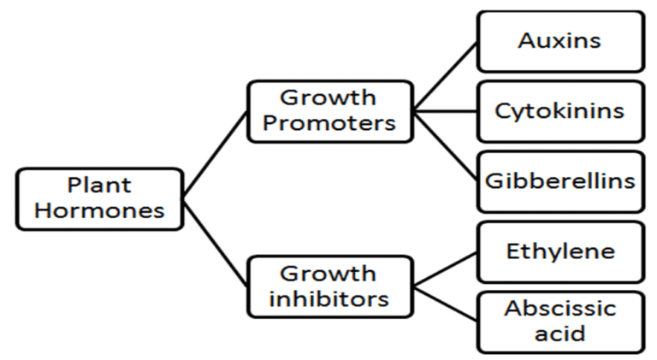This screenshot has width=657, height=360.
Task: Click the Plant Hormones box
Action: [99, 198]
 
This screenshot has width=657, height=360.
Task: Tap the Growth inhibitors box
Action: [329, 286]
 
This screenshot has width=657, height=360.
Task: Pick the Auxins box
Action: [560, 40]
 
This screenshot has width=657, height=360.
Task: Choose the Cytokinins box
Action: [560, 111]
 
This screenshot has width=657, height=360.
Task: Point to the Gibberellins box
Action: [560, 181]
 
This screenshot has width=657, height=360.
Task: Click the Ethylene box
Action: [560, 251]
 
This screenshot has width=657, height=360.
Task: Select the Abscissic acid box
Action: [560, 322]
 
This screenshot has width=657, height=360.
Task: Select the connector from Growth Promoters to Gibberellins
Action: [445, 146]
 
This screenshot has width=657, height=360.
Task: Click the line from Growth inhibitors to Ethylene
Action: [445, 269]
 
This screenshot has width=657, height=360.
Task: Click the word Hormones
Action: [99, 210]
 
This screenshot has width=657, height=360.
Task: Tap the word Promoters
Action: [329, 123]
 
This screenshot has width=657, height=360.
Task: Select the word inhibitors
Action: [329, 298]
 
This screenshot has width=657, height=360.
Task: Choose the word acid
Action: [560, 333]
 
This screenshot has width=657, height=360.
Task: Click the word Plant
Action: [99, 186]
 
